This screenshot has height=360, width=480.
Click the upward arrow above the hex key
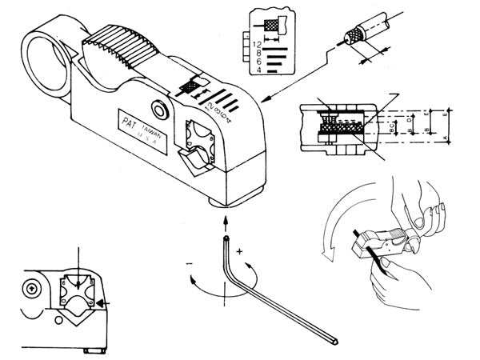click(x=226, y=218)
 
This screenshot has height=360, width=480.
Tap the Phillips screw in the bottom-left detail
click(x=31, y=286)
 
